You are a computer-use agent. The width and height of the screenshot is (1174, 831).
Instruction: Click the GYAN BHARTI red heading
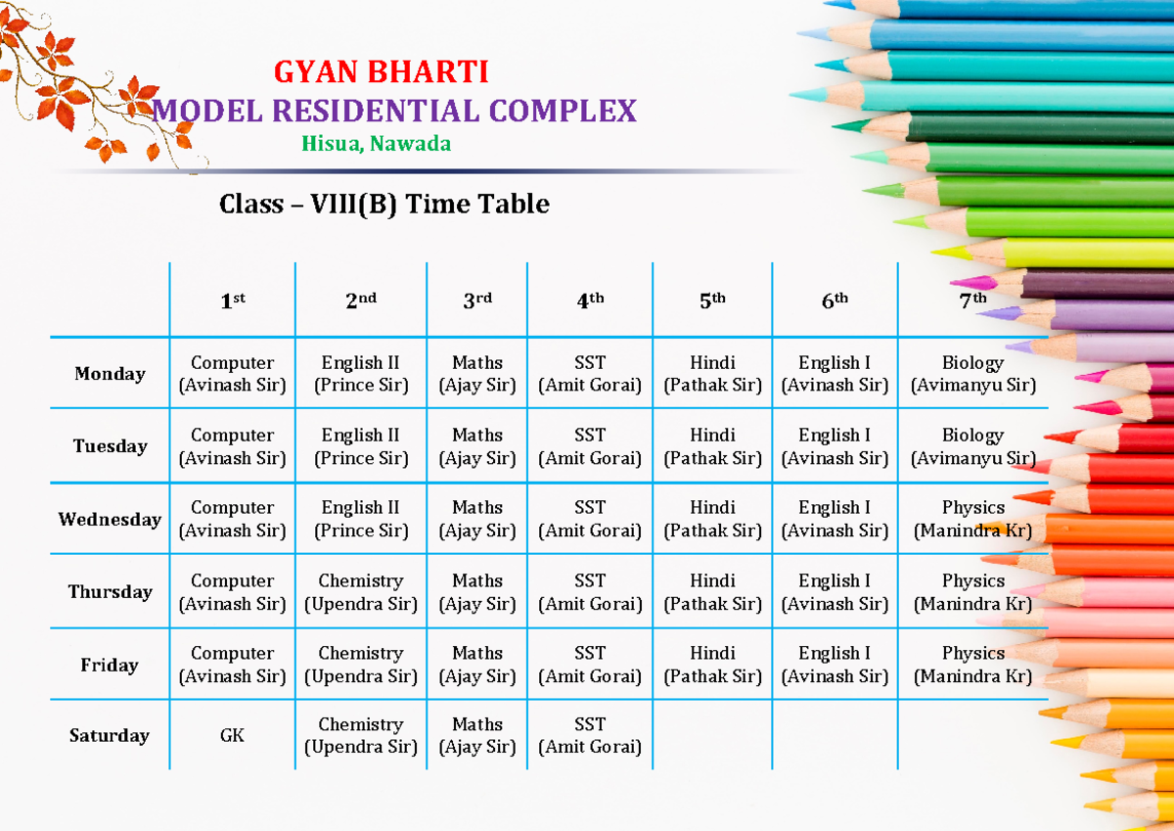click(381, 72)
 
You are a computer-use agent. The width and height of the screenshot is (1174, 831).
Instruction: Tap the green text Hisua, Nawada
click(377, 144)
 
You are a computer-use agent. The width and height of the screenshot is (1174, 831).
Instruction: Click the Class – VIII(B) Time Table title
click(384, 204)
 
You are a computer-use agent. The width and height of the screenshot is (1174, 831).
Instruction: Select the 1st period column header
click(232, 301)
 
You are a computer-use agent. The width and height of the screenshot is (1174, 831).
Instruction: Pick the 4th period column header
click(590, 301)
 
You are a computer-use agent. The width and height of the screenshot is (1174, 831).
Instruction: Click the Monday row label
click(110, 374)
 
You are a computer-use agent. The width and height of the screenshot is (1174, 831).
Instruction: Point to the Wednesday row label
click(110, 519)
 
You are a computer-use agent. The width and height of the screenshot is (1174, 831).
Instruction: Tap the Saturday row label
click(110, 735)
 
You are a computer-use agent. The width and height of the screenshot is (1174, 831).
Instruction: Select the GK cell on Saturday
click(232, 735)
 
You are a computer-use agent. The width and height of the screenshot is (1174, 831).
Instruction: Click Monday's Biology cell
click(972, 374)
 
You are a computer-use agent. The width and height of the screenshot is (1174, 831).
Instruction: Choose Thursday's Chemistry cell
click(360, 592)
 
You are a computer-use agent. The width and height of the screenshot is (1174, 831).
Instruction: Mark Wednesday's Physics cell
click(972, 519)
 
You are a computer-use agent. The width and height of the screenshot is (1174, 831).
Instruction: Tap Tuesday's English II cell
click(360, 446)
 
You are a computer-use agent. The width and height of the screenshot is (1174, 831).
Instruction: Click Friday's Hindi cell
click(712, 665)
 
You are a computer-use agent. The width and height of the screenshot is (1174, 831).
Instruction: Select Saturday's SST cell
click(590, 735)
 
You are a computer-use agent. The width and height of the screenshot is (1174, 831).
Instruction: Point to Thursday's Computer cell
click(232, 592)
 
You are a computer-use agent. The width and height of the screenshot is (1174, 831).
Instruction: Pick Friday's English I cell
click(835, 665)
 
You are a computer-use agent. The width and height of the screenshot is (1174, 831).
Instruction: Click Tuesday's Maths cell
click(477, 446)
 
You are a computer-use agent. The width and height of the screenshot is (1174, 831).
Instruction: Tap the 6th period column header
click(835, 301)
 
